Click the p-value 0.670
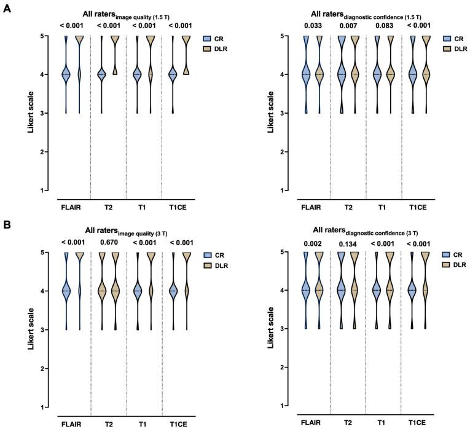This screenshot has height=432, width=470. click(108, 242)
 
